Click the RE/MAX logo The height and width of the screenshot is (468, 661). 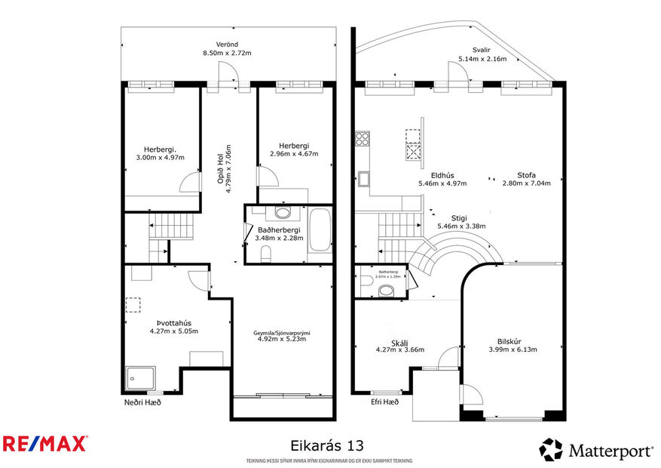[44, 443]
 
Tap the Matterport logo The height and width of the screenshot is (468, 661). [596, 450]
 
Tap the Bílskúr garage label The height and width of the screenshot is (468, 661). [512, 340]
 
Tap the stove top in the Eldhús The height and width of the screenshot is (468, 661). [362, 138]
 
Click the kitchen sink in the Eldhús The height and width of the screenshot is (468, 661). [363, 179]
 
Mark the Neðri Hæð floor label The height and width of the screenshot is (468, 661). [142, 402]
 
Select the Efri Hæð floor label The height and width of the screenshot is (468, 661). [384, 402]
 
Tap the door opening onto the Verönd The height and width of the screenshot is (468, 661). [228, 75]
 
